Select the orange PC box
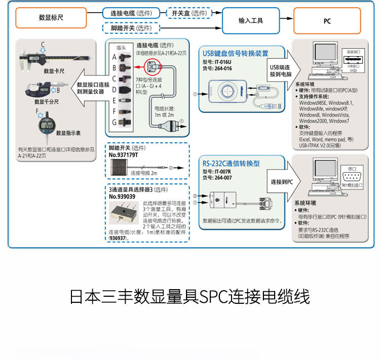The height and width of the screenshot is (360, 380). pos(327,21)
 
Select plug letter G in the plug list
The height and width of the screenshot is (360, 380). pos(115,122)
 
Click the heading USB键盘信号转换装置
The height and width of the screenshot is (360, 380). pos(236,53)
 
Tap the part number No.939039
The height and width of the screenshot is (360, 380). pos(122,196)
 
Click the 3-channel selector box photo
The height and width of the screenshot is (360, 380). pos(124,215)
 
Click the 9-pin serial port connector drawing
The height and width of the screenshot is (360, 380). pos(351,177)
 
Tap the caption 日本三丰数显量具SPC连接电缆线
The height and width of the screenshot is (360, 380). pos(189,297)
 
